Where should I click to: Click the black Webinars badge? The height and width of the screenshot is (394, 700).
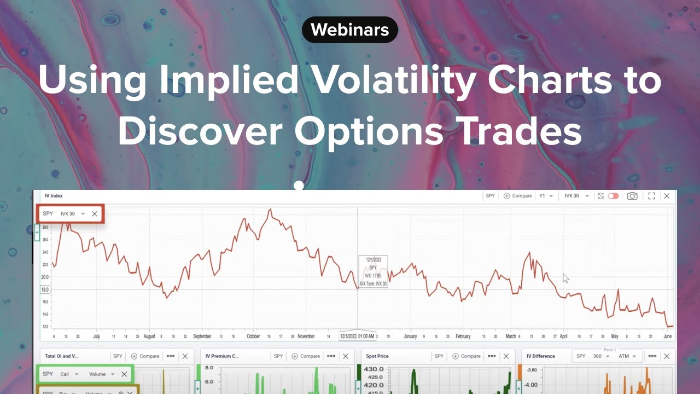click(x=350, y=30)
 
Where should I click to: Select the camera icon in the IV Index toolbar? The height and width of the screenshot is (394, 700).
click(x=632, y=196)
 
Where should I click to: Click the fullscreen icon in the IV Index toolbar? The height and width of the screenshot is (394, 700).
click(x=651, y=196)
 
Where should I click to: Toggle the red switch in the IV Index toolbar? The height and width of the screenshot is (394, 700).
click(x=613, y=196)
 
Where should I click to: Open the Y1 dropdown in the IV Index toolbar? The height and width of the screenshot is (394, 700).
click(x=546, y=196)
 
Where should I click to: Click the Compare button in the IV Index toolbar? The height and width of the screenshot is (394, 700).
click(x=517, y=196)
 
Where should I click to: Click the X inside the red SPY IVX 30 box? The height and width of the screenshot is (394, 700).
click(x=95, y=214)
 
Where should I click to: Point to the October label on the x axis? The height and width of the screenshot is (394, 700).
click(x=253, y=337)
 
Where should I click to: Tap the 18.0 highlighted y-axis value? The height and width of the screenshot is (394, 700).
click(x=45, y=289)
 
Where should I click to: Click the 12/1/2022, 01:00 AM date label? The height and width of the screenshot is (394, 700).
click(x=358, y=337)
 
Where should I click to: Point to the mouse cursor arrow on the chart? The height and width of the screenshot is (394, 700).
click(x=565, y=278)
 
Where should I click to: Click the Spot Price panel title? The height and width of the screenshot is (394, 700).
click(x=377, y=356)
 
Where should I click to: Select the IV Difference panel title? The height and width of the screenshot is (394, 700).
click(x=540, y=356)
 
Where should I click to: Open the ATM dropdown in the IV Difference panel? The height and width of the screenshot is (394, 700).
click(x=627, y=356)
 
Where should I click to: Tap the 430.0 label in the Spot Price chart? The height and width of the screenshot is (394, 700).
click(x=375, y=370)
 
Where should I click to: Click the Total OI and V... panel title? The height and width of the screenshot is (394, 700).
click(x=62, y=356)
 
